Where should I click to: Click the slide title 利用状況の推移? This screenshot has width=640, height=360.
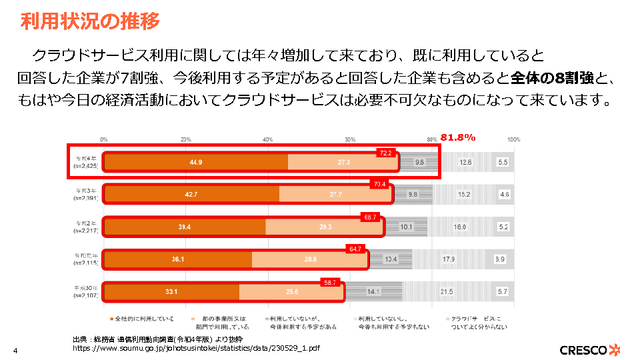[90, 22]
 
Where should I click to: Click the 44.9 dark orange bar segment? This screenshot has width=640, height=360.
[196, 162]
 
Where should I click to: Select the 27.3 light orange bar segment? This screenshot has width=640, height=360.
[343, 162]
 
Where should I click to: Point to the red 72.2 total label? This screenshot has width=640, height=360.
[386, 153]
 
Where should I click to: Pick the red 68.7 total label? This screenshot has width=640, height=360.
[370, 217]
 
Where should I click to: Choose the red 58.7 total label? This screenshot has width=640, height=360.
[331, 282]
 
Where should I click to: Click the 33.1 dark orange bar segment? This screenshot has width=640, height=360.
[171, 291]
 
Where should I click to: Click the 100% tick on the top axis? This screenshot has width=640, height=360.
[513, 139]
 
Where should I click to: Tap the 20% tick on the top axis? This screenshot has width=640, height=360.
[186, 139]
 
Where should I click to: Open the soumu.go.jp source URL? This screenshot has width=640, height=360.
[196, 348]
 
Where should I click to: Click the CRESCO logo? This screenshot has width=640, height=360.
[590, 349]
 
